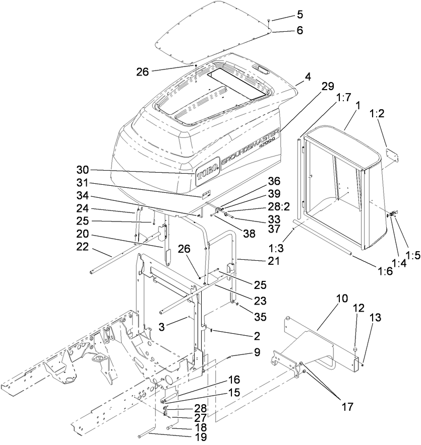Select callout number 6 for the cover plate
300,30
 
